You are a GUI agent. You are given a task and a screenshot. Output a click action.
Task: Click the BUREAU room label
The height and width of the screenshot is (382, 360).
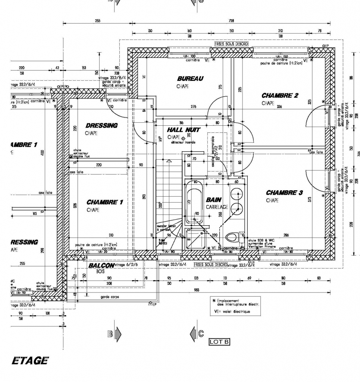pos(190,79)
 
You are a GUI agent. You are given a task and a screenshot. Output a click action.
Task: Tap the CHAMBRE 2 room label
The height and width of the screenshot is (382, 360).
pos(280,95)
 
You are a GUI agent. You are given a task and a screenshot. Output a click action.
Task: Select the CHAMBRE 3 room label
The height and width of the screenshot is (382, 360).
pos(284,193)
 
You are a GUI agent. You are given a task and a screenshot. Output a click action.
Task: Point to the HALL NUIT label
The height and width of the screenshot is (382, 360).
pos(184,130)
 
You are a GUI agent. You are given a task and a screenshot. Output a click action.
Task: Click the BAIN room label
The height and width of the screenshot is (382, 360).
pos(214,200)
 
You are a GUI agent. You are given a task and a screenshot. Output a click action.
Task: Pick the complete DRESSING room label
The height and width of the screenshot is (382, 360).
pos(101,125)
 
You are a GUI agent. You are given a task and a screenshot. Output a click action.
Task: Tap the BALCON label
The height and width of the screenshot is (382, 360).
pos(101,266)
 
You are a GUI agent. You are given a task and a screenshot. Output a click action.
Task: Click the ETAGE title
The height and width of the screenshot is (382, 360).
pos(30,360)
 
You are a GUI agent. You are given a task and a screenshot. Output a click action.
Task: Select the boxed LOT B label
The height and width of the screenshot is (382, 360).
pos(219,341)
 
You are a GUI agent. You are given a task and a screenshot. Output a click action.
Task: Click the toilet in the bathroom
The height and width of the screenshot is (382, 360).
pos(232,237)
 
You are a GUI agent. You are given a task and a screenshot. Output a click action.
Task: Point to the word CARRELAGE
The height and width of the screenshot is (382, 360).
pos(217,207)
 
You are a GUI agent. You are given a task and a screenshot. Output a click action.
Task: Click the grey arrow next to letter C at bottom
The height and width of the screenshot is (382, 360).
pos(193,333)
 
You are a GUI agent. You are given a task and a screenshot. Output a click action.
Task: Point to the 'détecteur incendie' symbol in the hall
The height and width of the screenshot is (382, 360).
pos(183,138)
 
